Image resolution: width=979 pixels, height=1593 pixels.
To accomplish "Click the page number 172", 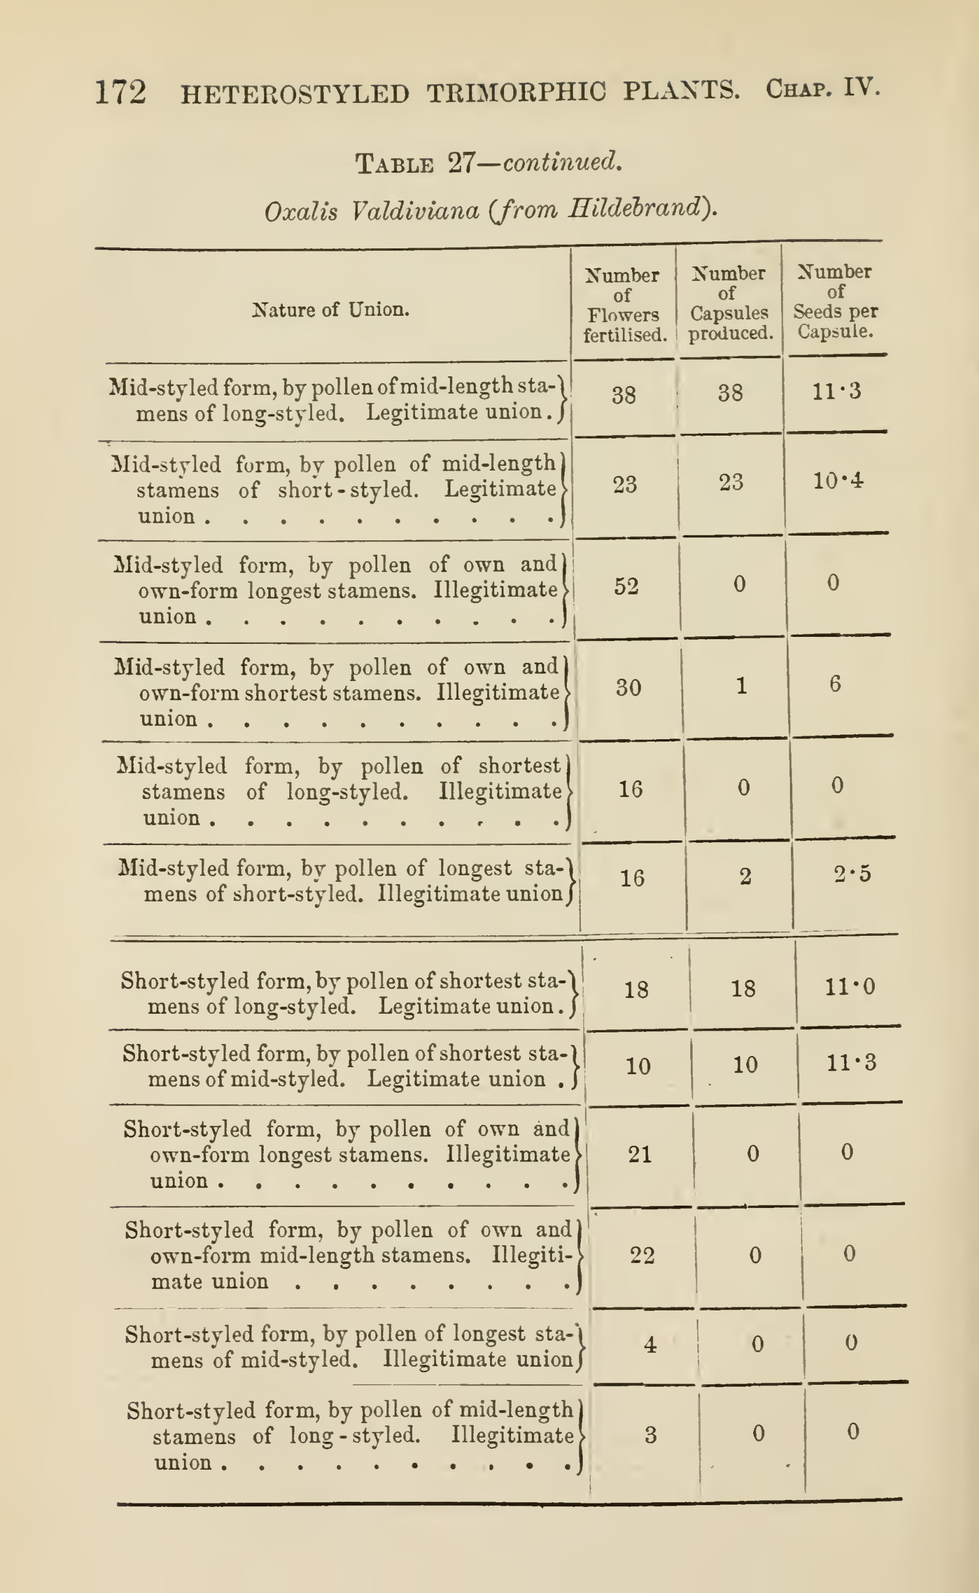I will point(120,92).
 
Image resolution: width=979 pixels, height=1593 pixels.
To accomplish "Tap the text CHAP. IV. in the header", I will point(822,88).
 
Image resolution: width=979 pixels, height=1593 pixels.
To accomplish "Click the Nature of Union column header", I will point(330,310).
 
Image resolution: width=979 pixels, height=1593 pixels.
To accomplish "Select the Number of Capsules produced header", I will point(729,303).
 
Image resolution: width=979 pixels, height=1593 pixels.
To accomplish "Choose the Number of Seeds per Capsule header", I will point(835,301).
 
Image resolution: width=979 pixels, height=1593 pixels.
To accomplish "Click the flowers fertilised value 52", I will point(626,586).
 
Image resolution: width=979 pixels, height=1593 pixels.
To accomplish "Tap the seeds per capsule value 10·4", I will point(838,481).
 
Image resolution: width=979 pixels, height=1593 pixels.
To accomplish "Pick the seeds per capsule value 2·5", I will point(852,874).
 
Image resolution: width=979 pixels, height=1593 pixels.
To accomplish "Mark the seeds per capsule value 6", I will point(835,684).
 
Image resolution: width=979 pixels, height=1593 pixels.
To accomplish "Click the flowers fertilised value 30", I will point(628,687).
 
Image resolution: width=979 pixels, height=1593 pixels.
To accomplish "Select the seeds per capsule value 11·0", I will point(850,987).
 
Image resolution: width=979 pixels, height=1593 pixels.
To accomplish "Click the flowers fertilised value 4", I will point(650,1345).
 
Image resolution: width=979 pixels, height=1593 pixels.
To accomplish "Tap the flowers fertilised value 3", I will point(651,1435).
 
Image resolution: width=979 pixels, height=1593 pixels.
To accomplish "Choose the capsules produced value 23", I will point(731,482).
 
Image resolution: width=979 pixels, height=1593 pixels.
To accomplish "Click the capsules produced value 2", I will point(745,876).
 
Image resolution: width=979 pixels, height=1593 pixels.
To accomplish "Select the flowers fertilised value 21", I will point(640,1154).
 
